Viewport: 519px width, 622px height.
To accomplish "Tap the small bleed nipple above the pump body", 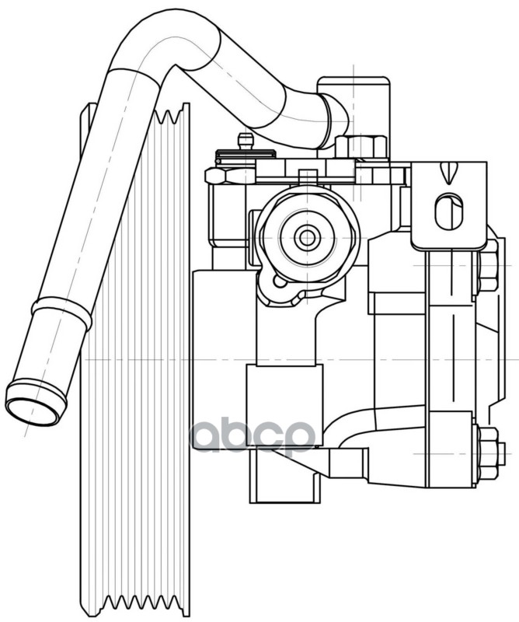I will click(x=246, y=142).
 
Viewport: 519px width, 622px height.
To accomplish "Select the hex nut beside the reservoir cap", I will click(x=362, y=145).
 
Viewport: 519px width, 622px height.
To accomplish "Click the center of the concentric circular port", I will click(x=306, y=237).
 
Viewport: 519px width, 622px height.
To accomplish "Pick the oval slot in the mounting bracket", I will click(x=449, y=211).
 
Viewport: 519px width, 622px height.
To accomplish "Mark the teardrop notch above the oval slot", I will click(x=448, y=173).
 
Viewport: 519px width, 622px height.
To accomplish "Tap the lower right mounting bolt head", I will click(x=489, y=453).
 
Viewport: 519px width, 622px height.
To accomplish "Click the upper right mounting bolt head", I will click(x=488, y=264).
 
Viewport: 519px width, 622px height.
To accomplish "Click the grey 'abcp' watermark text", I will click(x=253, y=435).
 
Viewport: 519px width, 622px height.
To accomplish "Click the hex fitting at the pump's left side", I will click(x=215, y=176).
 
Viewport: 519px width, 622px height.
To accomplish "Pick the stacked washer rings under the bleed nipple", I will click(x=245, y=155).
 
